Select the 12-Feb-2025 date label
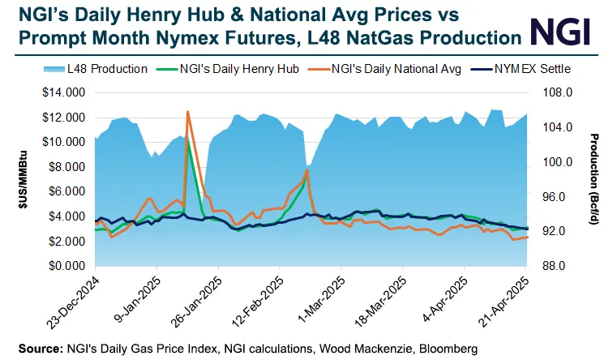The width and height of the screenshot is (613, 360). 255,302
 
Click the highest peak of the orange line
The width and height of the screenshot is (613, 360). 188,112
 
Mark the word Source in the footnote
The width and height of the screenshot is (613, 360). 36,348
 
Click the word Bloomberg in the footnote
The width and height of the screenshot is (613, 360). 447,348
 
